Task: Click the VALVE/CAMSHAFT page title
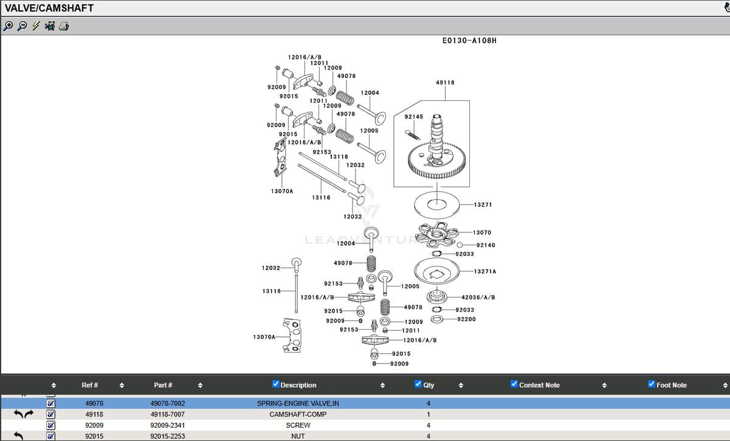pyautogui.click(x=49, y=8)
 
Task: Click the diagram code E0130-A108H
pyautogui.click(x=469, y=41)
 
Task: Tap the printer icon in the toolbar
pyautogui.click(x=64, y=26)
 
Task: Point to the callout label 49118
pyautogui.click(x=445, y=83)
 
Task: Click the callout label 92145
pyautogui.click(x=414, y=117)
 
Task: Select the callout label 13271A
pyautogui.click(x=484, y=271)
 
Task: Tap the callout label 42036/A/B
pyautogui.click(x=478, y=297)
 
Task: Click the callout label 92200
pyautogui.click(x=466, y=319)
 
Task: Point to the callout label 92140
pyautogui.click(x=486, y=245)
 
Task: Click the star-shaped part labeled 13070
pyautogui.click(x=438, y=234)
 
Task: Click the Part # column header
pyautogui.click(x=163, y=385)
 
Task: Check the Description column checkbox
pyautogui.click(x=276, y=384)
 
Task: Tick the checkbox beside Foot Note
pyautogui.click(x=652, y=384)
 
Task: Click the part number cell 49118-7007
pyautogui.click(x=168, y=414)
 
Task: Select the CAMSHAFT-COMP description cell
pyautogui.click(x=298, y=414)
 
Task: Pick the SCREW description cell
pyautogui.click(x=298, y=425)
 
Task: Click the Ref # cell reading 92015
pyautogui.click(x=94, y=436)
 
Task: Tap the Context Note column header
pyautogui.click(x=539, y=385)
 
